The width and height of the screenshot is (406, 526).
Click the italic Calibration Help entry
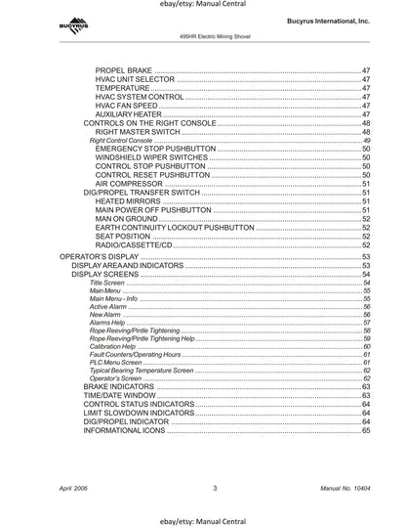click(112, 346)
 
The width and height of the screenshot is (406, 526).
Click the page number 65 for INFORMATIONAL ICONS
click(366, 430)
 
